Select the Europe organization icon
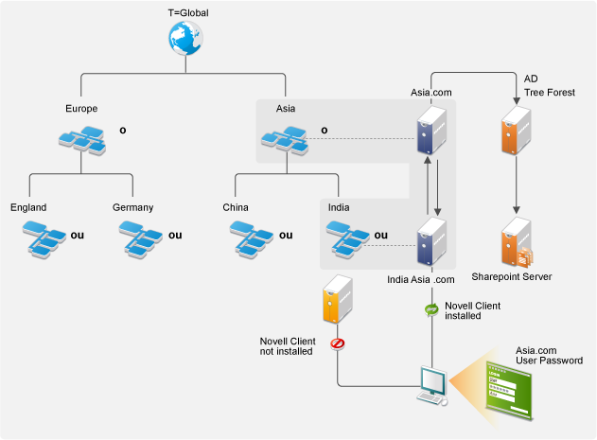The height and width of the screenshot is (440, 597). [81, 139]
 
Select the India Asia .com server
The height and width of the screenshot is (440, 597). [431, 243]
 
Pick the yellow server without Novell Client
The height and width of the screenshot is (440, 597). [338, 301]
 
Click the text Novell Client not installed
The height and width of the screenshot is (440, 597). [288, 346]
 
